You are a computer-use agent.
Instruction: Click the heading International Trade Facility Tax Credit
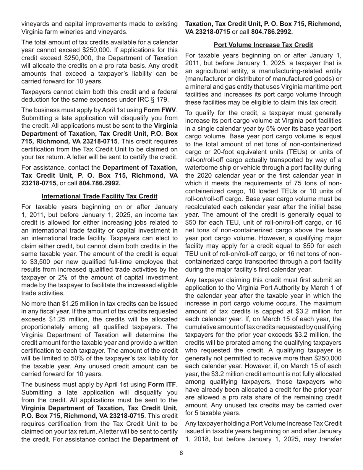(99, 196)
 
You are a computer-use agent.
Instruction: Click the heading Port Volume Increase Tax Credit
(263, 45)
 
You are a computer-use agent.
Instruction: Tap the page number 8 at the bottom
(181, 453)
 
